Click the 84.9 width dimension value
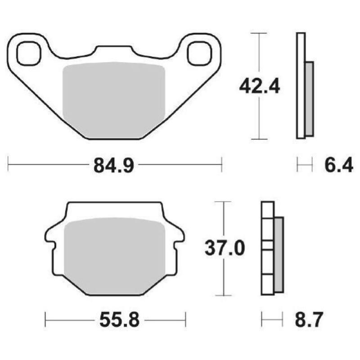[114, 166]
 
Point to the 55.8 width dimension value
[116, 320]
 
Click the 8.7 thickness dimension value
[308, 320]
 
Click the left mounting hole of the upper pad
[27, 53]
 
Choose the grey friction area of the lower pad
[116, 254]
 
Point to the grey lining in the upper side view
[309, 99]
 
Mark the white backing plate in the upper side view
[301, 85]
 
